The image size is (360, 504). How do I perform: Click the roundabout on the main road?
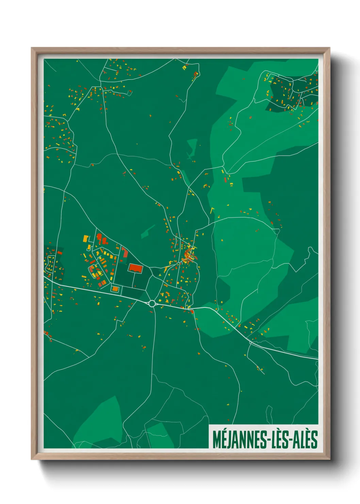coord(152,303)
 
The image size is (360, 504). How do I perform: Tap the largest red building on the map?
coord(135,268)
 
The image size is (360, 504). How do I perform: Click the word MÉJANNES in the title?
coord(238,440)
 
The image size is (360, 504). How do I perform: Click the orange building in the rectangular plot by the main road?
coord(115,289)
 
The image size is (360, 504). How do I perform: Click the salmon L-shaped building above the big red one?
coord(125,253)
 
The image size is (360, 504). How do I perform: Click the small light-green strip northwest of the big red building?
coord(148,232)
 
